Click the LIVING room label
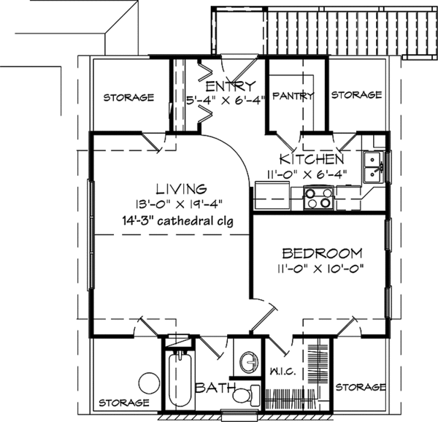(181, 189)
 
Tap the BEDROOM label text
(323, 253)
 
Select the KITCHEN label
(312, 159)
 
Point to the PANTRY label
(293, 96)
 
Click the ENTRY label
(231, 86)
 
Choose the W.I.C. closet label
(283, 372)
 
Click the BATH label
(215, 388)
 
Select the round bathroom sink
(249, 362)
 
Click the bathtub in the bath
(180, 377)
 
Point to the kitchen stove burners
(318, 198)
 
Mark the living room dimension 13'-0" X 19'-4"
(179, 204)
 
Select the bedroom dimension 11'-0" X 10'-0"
(320, 269)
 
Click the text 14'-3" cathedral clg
(177, 221)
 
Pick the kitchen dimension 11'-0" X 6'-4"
(307, 174)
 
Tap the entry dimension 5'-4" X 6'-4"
(226, 100)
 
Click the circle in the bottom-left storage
(150, 383)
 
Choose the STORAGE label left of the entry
(128, 97)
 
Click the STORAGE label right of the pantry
(356, 95)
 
